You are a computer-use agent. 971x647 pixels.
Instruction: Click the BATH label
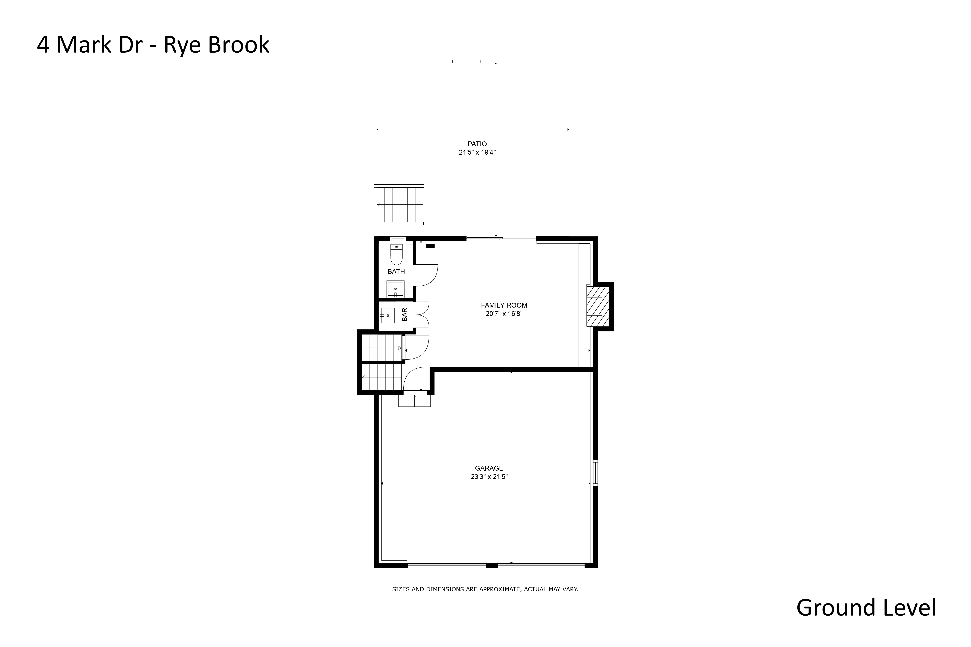pos(396,272)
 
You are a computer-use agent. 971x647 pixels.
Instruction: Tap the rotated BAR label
pos(405,314)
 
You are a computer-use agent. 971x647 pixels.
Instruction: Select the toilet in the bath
pos(396,255)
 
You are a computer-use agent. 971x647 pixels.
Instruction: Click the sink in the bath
pos(396,289)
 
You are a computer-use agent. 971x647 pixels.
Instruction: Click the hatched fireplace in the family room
pos(598,306)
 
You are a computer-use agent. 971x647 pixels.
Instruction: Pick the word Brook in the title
pos(239,45)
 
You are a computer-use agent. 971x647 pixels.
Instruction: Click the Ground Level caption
pos(866,608)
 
